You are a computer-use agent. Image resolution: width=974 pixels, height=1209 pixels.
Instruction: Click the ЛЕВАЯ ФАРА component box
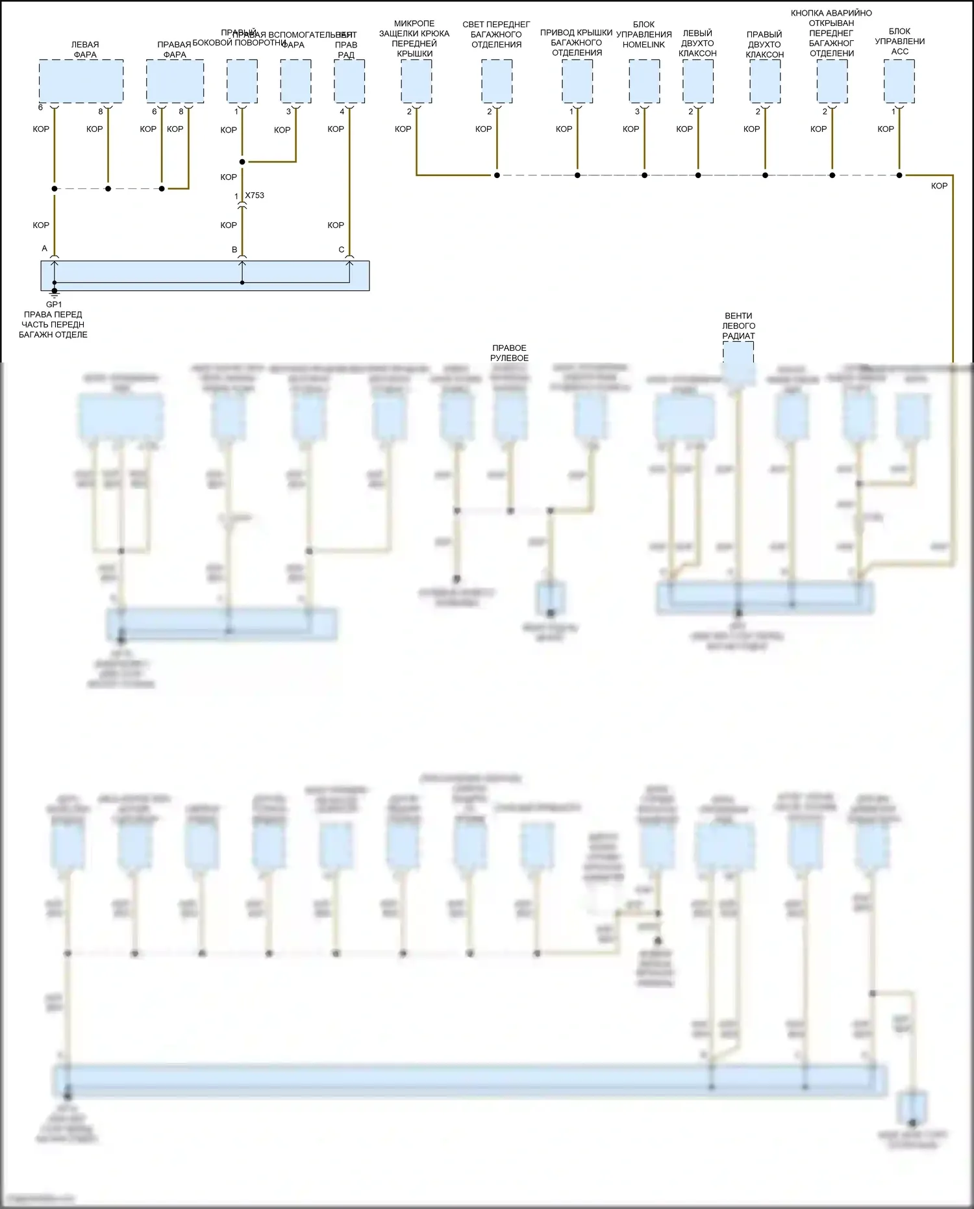tap(81, 81)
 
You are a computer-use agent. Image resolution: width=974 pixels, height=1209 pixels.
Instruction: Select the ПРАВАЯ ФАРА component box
tap(175, 81)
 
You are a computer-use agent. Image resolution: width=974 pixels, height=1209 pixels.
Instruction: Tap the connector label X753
tap(255, 196)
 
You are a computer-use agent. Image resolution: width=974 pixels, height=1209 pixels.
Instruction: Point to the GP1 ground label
tap(54, 304)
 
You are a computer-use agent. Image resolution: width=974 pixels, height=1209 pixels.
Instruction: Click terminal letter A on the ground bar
tap(45, 249)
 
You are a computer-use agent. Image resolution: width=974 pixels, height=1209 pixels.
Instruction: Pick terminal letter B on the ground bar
tap(234, 249)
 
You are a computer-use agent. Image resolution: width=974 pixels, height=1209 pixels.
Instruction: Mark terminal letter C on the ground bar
tap(342, 249)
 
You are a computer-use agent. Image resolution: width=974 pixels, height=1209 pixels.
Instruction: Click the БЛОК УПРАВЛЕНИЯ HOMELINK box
tap(644, 81)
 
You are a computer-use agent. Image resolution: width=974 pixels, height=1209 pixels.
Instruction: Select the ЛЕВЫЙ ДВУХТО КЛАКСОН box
tap(698, 81)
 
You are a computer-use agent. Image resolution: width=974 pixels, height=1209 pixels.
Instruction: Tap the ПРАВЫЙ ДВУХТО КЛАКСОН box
tap(765, 81)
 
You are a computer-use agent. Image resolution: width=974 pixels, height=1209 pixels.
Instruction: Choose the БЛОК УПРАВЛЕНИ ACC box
tap(899, 81)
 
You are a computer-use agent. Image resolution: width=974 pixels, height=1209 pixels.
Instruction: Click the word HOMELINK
tap(643, 45)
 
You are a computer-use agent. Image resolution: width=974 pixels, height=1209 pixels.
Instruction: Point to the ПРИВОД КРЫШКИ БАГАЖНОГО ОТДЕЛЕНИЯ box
tap(577, 81)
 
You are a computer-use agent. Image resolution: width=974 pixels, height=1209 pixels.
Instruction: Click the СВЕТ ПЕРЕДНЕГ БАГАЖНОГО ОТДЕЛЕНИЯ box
tap(497, 81)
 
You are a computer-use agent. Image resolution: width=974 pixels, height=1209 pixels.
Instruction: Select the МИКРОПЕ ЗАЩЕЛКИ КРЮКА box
tap(416, 81)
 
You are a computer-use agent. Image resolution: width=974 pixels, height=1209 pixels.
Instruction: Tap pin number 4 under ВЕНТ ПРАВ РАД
tap(342, 112)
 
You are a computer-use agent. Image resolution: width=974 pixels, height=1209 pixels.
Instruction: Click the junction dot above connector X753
tap(242, 162)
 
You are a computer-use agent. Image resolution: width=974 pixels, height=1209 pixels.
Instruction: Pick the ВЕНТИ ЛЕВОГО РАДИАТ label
tap(739, 326)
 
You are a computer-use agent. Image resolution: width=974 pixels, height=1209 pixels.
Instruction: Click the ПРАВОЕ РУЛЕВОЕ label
tap(509, 353)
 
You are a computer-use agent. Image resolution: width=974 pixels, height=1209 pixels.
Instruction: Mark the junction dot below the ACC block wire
tap(899, 175)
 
